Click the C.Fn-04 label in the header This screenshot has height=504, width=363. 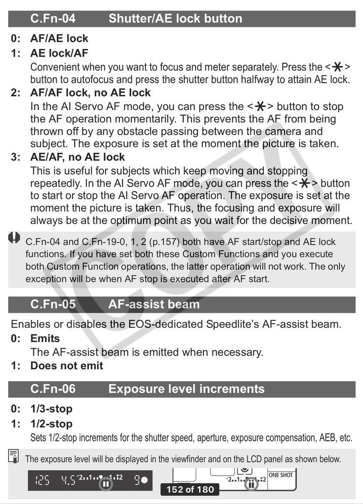click(x=53, y=19)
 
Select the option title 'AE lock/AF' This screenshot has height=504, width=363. click(x=59, y=53)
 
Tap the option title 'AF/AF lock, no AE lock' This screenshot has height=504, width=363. click(x=90, y=93)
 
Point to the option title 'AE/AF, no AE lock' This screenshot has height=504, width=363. click(x=77, y=157)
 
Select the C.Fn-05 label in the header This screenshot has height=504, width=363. click(x=53, y=304)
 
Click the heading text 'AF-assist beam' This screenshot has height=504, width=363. click(x=154, y=304)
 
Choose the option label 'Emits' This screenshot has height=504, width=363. click(x=45, y=338)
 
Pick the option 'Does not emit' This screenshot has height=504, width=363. click(x=67, y=365)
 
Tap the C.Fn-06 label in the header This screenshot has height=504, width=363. click(x=53, y=389)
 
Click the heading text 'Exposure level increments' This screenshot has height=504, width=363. click(x=186, y=389)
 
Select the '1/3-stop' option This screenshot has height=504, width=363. click(x=51, y=409)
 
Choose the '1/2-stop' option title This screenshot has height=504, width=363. click(x=51, y=424)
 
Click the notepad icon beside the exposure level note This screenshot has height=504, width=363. click(x=14, y=457)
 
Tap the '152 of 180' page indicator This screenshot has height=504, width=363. click(x=190, y=489)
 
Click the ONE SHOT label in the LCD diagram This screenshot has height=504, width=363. click(x=281, y=475)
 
